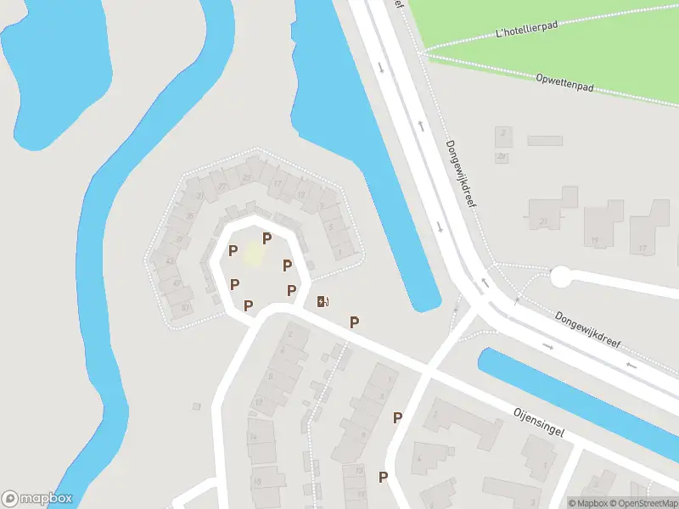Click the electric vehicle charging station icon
(323, 301)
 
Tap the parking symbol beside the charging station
(355, 322)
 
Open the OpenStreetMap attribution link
(643, 502)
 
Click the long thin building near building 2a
(545, 140)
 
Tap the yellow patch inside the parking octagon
(253, 253)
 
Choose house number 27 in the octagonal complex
(223, 187)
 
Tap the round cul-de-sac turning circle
(561, 277)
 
